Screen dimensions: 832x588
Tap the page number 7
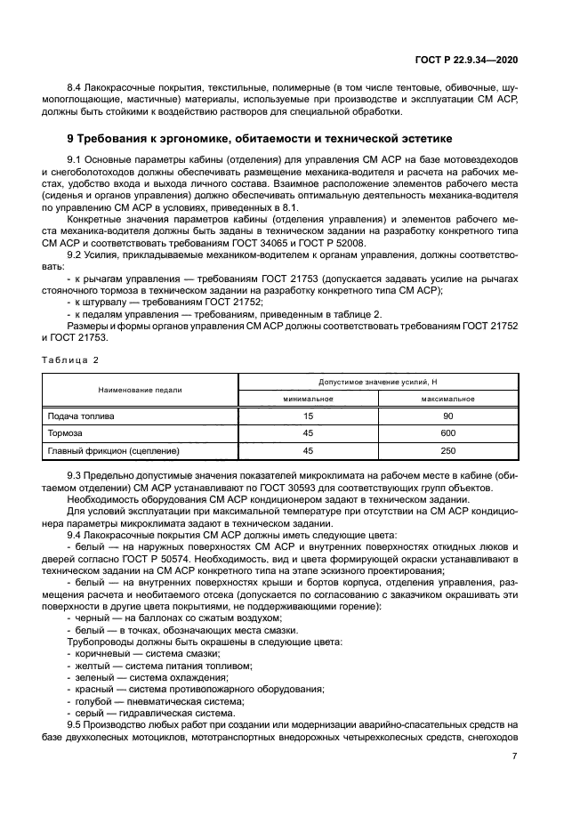pos(514,755)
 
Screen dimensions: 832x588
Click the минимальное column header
pos(308,399)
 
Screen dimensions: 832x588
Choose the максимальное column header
pos(447,399)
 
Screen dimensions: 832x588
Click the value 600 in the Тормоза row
pos(447,433)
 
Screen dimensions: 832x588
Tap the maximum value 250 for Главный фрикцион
pos(447,450)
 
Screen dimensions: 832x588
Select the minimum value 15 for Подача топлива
pos(308,416)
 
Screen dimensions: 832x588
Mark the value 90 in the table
pos(447,416)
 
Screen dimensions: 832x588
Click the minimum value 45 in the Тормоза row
pos(308,433)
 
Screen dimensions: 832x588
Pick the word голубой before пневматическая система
pos(92,699)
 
